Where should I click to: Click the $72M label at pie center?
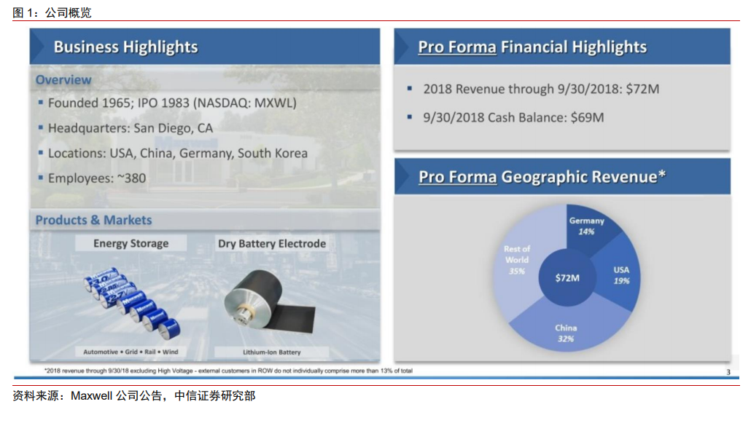click(x=567, y=278)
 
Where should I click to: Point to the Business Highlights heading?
click(x=125, y=47)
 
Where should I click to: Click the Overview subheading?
click(x=63, y=79)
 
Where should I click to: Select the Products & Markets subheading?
click(x=93, y=220)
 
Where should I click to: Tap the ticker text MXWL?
click(x=273, y=103)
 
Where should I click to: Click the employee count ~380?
click(x=131, y=178)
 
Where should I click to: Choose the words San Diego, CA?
click(x=173, y=128)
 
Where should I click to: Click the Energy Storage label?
click(x=131, y=243)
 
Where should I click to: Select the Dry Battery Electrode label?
click(x=271, y=243)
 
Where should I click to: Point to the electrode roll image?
click(x=269, y=301)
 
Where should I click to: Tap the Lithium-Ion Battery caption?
click(x=271, y=352)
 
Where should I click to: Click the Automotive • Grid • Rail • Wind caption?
click(x=131, y=352)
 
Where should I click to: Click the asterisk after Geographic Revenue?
click(x=661, y=174)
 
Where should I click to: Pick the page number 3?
click(x=728, y=372)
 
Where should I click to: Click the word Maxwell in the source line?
click(x=91, y=395)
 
